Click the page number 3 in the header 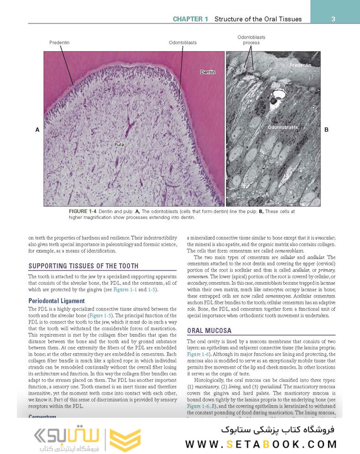tap(334, 19)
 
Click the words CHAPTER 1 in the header tap(191, 19)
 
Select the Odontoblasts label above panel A tap(183, 42)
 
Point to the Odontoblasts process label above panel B tap(251, 40)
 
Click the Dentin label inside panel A tap(208, 72)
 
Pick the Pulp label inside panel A tap(120, 144)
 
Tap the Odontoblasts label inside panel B tap(282, 127)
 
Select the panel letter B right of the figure tap(326, 130)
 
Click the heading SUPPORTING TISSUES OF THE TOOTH tap(83, 266)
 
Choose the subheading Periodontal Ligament tap(57, 301)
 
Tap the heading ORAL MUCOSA tap(209, 330)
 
